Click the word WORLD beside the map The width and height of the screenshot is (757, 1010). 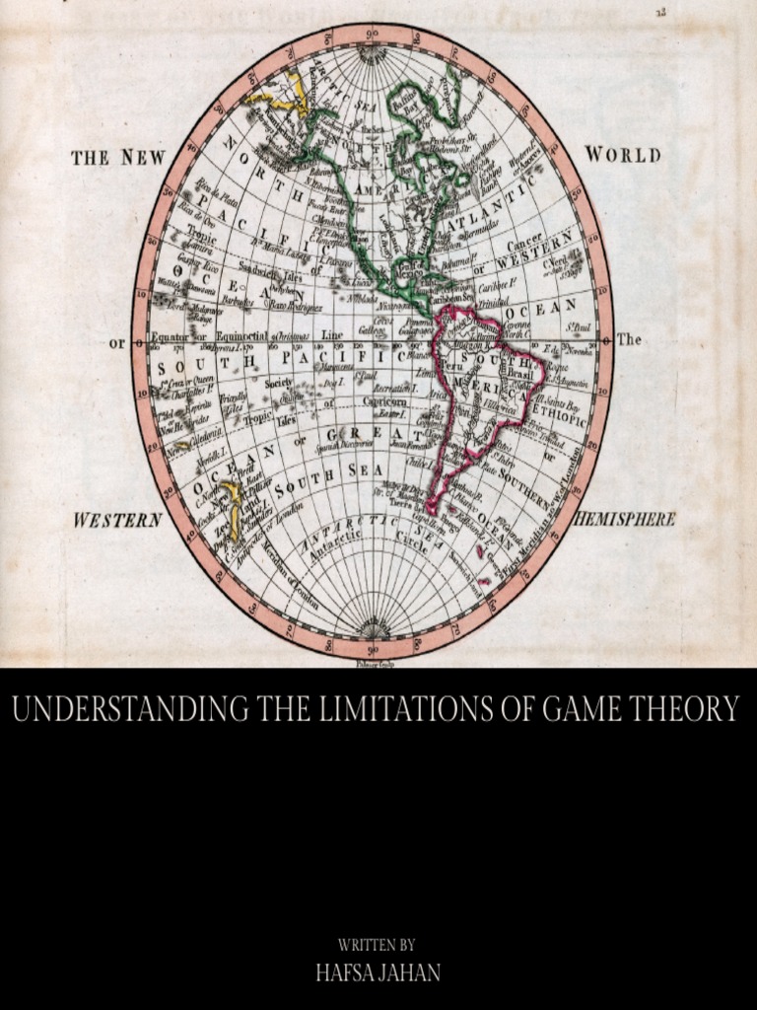coord(623,155)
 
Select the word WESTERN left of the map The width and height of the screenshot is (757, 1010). coord(117,520)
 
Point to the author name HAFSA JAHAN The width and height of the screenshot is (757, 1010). coord(378,972)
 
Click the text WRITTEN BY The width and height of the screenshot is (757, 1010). coord(378,945)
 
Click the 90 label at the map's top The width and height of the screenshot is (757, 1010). coord(373,36)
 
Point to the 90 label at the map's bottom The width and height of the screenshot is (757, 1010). coord(373,650)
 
